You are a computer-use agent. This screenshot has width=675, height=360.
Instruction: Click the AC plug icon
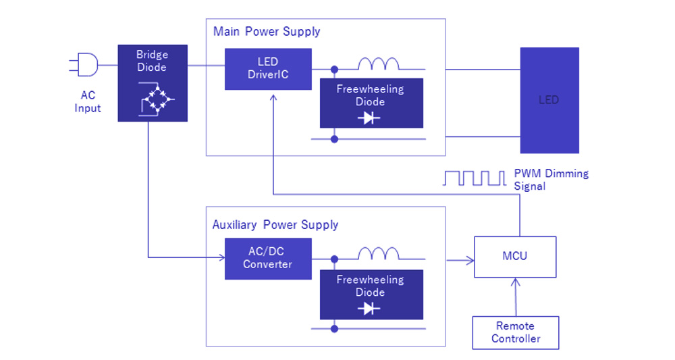tap(84, 66)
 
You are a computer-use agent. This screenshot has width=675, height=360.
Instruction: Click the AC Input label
tap(88, 102)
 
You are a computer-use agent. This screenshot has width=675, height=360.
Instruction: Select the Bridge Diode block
tap(152, 83)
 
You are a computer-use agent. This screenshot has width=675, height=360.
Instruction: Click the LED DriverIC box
tap(268, 69)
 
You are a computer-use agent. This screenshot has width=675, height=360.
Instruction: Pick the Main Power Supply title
tap(267, 32)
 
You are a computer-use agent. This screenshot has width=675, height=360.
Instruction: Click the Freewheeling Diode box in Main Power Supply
tap(371, 103)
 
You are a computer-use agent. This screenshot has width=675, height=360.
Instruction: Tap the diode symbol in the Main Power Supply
tap(370, 118)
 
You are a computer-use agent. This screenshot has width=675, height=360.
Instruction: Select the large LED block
tap(549, 100)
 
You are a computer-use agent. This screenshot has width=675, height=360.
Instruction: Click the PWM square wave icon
tap(474, 178)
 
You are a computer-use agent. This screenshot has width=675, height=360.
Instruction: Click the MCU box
tap(515, 257)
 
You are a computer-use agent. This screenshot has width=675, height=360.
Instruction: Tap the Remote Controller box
tap(516, 332)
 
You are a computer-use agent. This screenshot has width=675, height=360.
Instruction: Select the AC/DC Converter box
tap(268, 258)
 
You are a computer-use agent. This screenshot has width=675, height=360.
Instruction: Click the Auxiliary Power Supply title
tap(275, 225)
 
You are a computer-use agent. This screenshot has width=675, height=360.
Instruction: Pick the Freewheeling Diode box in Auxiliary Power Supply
tap(371, 294)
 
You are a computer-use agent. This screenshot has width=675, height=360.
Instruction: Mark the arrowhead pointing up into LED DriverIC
tap(272, 98)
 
